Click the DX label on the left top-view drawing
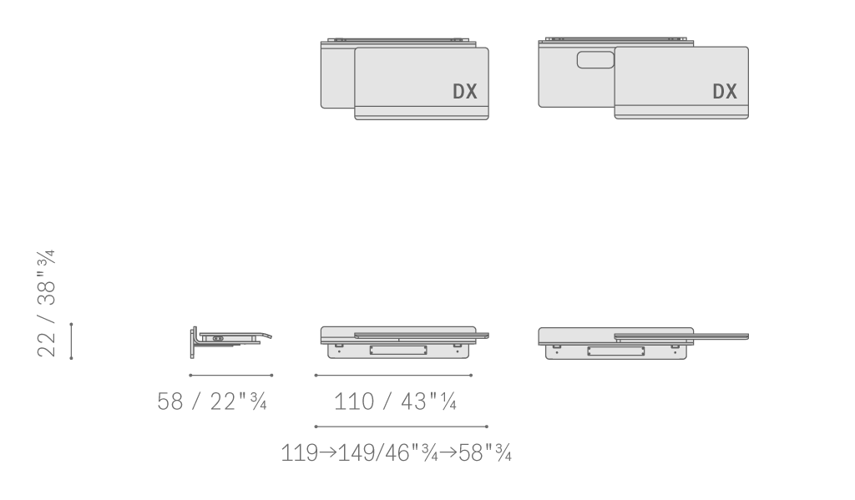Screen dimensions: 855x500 [x=465, y=92]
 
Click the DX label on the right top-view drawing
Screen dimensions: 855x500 [x=725, y=92]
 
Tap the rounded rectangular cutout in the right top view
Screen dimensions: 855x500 [x=595, y=60]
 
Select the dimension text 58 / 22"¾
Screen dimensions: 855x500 [x=211, y=402]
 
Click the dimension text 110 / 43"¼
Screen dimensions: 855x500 [x=395, y=402]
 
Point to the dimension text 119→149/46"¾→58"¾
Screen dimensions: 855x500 [x=397, y=453]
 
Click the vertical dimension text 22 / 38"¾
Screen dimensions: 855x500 [x=47, y=304]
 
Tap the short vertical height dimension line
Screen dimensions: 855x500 [x=72, y=341]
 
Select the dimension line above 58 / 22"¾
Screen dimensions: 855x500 [x=230, y=375]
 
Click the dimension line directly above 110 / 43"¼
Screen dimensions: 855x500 [x=393, y=375]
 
